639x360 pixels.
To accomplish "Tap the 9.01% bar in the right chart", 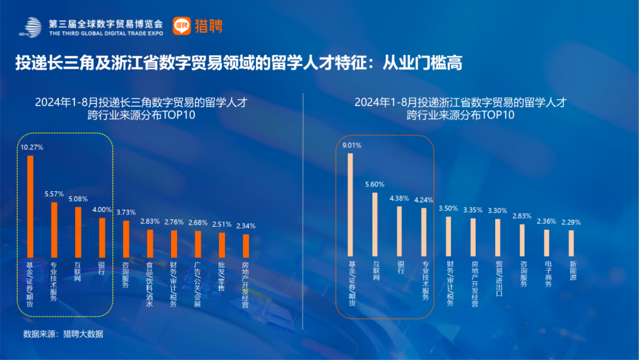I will coord(350,205).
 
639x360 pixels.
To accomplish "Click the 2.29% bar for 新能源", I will coord(571,243).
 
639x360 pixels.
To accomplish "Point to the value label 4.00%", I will coord(102,209).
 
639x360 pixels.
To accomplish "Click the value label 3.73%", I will coord(125,212).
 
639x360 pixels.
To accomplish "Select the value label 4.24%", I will coord(424,200).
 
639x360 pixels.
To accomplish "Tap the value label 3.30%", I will coord(498,210).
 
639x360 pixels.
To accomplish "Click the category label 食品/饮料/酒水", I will coord(150,284).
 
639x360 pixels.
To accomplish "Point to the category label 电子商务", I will coord(548,275).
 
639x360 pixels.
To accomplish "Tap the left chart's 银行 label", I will coord(102,268).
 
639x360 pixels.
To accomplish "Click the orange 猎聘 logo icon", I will coord(181,25).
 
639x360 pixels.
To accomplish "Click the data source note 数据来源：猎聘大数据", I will coord(63,335).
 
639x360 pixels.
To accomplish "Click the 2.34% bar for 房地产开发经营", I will coord(246,246).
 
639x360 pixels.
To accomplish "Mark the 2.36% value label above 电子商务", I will coord(547,221).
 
